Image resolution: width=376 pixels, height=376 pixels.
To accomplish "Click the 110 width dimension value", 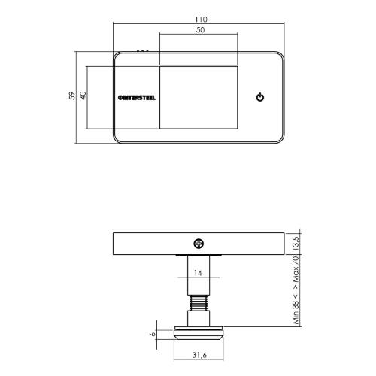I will (199, 17).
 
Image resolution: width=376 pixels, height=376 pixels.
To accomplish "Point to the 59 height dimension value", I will (71, 97).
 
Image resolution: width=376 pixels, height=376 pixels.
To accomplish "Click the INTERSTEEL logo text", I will (138, 98).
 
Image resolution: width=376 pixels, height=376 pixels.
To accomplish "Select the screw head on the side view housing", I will (199, 243).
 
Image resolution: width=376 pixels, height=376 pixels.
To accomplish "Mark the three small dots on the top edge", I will (143, 51).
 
